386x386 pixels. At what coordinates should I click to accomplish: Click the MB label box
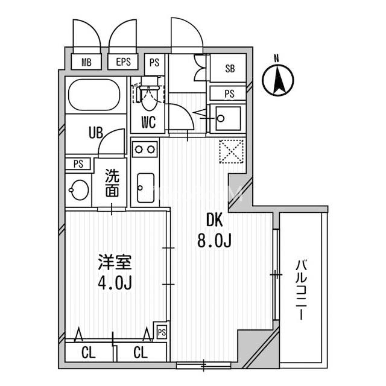[x=86, y=62]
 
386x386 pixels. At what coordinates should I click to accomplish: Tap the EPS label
[x=123, y=62]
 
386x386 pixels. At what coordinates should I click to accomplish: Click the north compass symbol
[x=279, y=79]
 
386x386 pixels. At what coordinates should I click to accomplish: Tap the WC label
[x=148, y=122]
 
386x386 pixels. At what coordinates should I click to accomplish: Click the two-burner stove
[x=145, y=148]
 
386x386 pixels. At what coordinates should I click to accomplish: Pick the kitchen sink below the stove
[x=145, y=187]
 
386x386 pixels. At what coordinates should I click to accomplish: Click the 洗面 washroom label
[x=112, y=184]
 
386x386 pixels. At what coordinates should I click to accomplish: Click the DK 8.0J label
[x=215, y=231]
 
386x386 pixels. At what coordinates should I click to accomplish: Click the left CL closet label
[x=89, y=352]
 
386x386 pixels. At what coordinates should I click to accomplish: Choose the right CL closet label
[x=140, y=352]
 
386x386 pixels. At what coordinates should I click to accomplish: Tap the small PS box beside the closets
[x=161, y=331]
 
